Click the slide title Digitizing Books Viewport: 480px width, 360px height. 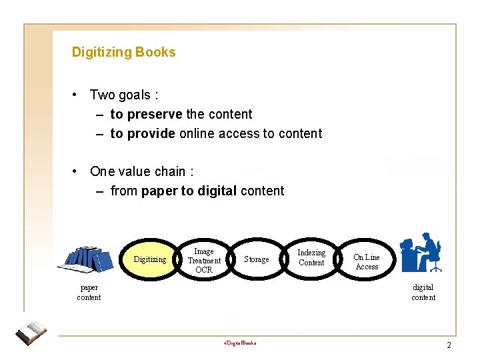[x=123, y=52]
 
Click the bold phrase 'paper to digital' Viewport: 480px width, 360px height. [x=189, y=191]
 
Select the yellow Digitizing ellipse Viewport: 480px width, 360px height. [x=150, y=259]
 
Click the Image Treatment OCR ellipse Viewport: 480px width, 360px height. [x=204, y=260]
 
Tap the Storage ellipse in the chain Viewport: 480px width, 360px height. [x=257, y=259]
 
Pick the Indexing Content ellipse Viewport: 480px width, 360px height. [x=311, y=257]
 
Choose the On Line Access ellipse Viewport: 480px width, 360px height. [x=366, y=261]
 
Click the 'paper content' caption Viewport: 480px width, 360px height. [x=89, y=293]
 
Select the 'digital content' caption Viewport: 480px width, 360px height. [x=423, y=292]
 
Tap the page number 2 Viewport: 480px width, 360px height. [x=449, y=345]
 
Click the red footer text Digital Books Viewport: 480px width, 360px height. [x=240, y=343]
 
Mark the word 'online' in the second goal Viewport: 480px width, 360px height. [x=194, y=133]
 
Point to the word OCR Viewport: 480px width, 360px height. [x=204, y=270]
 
